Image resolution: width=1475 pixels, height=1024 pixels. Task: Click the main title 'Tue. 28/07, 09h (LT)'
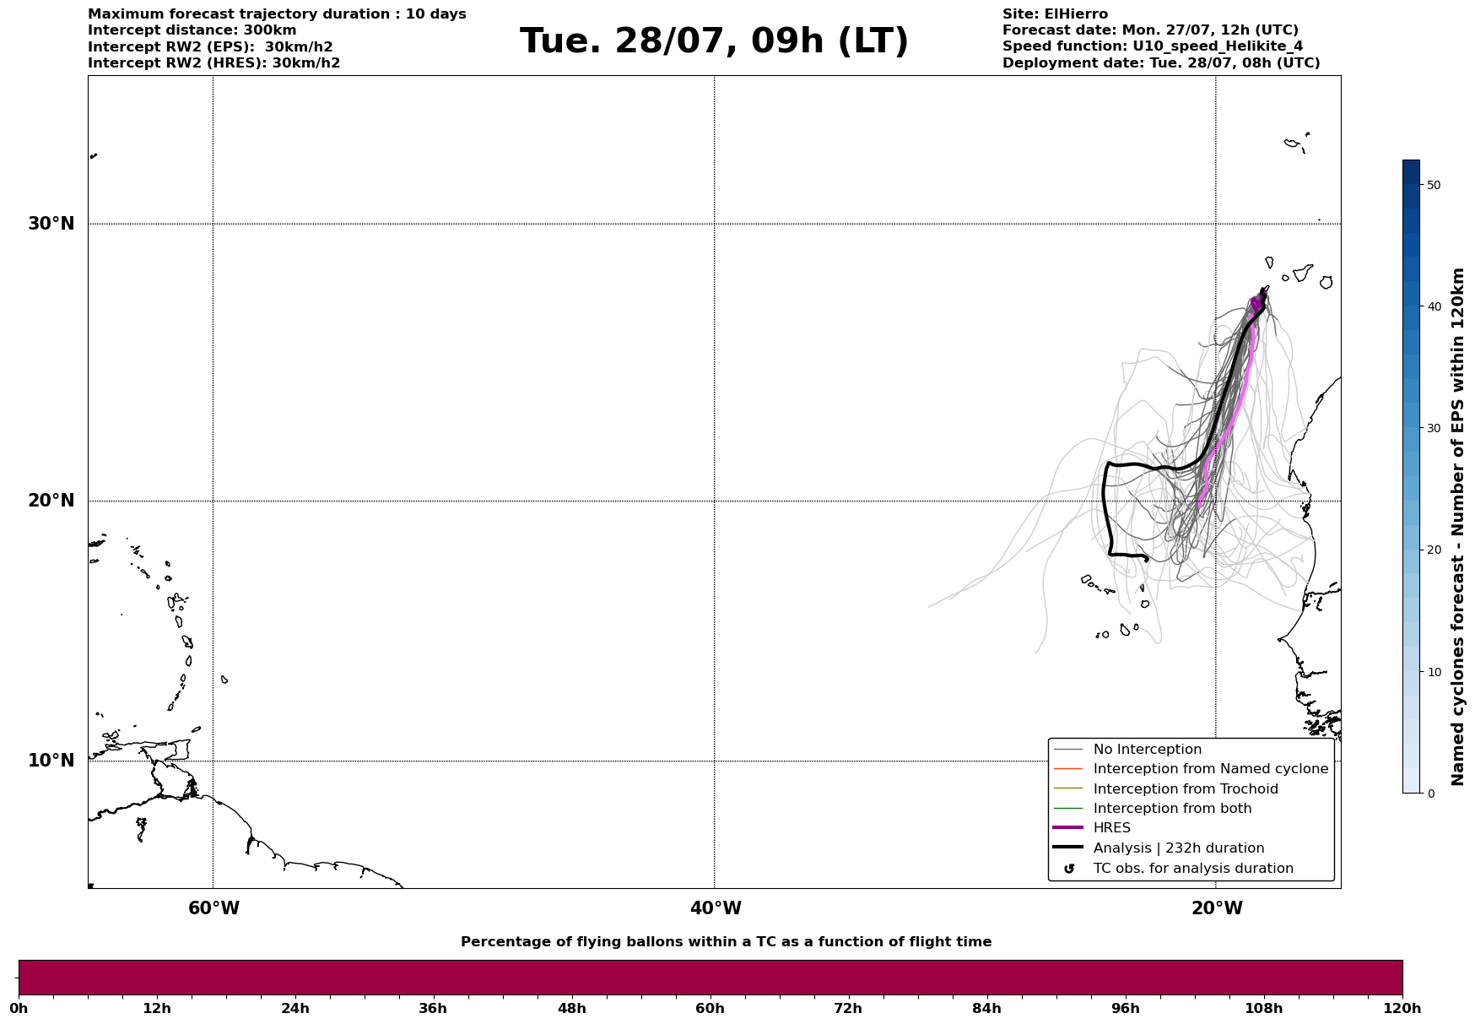coord(714,41)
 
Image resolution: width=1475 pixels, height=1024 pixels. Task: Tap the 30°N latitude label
coord(51,224)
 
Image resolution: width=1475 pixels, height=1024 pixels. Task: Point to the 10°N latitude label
coord(51,761)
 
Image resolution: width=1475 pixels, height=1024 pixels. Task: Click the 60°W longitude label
coord(213,908)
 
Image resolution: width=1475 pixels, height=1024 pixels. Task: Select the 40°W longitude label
coord(716,908)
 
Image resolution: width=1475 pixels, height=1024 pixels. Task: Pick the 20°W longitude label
coord(1217,908)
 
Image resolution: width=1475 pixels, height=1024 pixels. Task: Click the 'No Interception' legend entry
coord(1148,750)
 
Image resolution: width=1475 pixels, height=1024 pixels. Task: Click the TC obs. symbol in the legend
coord(1069,869)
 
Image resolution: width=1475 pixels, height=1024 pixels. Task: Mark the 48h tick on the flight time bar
coord(572,997)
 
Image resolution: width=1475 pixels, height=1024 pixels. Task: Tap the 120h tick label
coord(1402,1009)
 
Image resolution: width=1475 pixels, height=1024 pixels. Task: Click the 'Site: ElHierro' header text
coord(1055,14)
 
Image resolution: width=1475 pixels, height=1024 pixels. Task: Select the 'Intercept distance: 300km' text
coord(192,30)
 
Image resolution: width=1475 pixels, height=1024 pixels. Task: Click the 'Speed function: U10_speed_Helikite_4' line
coord(1153,46)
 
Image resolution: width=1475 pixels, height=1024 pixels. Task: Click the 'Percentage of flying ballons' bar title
coord(727,942)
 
